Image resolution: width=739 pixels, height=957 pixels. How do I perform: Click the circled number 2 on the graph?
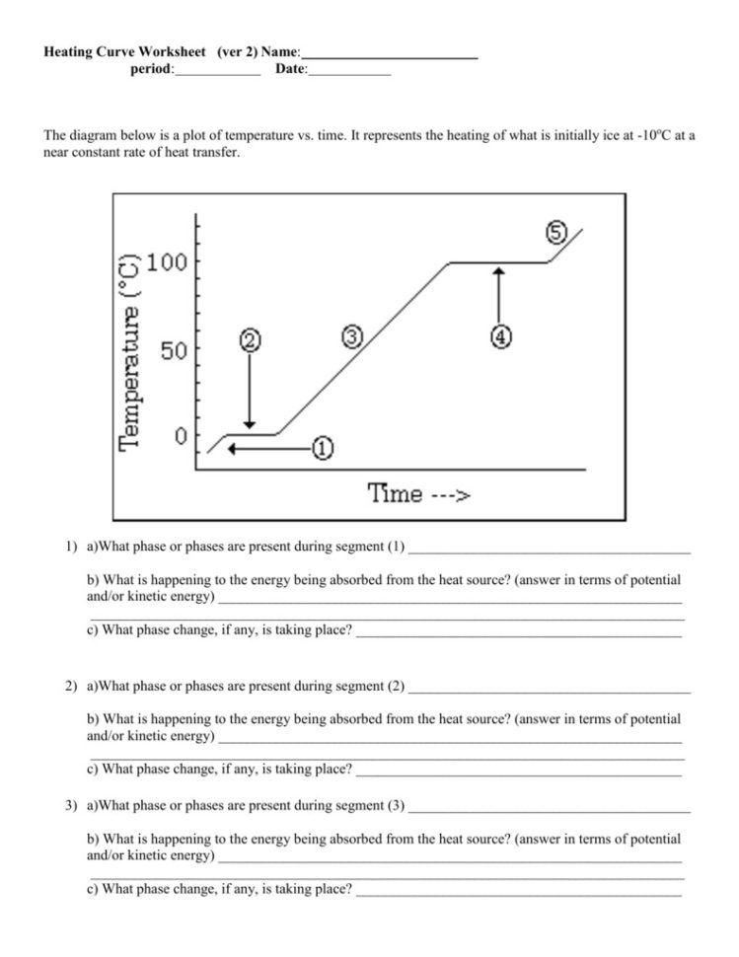point(250,340)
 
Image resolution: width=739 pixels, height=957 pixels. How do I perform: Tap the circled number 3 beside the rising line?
point(351,336)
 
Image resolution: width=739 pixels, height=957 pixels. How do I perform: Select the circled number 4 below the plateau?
point(500,336)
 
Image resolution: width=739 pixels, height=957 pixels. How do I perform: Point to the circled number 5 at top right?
point(554,233)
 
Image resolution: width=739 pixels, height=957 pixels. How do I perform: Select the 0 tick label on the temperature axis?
point(181,436)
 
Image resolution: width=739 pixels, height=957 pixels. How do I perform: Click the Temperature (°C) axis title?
point(130,349)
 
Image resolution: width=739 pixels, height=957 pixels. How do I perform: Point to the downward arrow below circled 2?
point(250,390)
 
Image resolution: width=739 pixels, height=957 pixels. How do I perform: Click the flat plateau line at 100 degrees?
point(498,262)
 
